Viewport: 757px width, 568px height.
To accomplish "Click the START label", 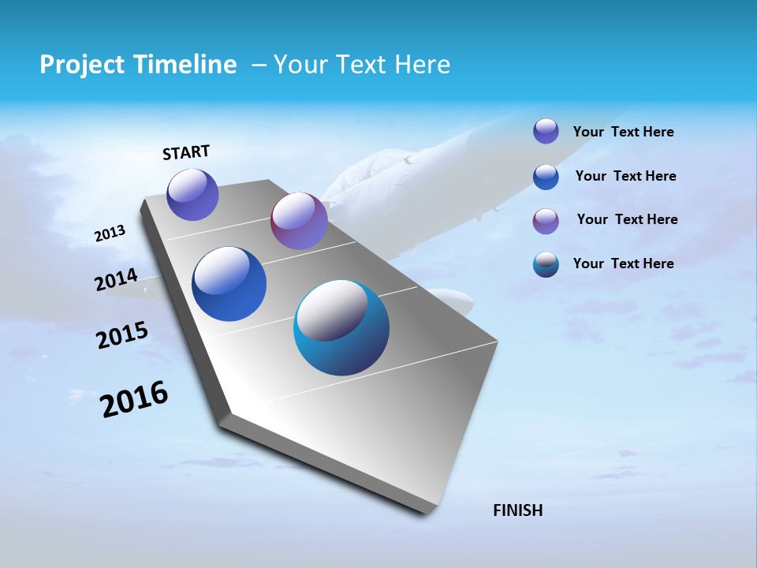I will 186,152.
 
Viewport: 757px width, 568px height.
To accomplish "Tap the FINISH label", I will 517,510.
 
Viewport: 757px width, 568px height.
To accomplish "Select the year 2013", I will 110,234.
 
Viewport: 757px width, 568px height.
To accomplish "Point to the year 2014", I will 116,280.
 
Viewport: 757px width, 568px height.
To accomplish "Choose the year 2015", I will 122,335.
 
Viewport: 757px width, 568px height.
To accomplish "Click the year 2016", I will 134,399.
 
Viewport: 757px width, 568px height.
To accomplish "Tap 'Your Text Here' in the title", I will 362,65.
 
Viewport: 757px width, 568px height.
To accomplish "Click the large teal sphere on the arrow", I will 341,327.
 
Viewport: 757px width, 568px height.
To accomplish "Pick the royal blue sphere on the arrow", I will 229,284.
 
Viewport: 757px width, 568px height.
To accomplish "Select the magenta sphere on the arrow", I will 299,221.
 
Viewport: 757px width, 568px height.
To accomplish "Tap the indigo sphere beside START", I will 192,194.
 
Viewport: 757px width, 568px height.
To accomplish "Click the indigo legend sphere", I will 546,131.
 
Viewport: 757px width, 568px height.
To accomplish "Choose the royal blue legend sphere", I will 546,177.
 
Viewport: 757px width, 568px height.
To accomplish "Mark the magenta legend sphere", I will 546,221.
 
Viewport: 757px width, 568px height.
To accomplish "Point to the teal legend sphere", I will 546,264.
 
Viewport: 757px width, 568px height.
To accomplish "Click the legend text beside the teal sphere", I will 623,263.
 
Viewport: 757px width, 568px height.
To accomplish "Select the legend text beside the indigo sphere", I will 623,132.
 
